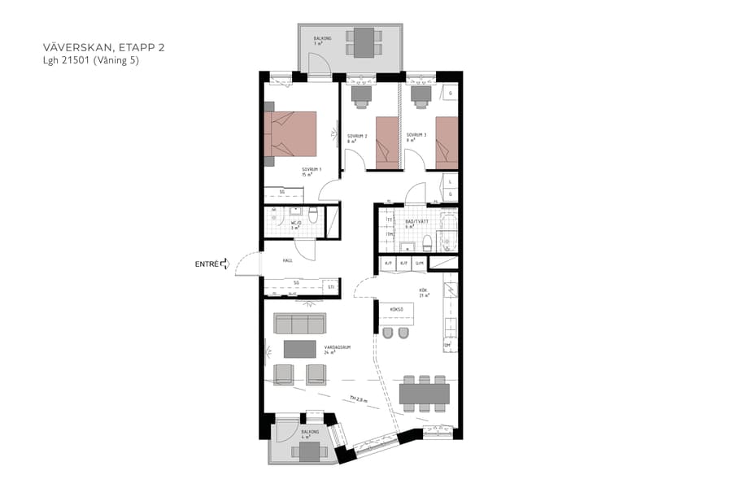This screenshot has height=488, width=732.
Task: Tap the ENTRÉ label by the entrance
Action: point(207,264)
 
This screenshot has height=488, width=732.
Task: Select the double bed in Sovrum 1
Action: point(290,133)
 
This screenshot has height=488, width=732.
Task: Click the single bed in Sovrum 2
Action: point(387,142)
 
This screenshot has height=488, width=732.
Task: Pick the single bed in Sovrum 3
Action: point(447,142)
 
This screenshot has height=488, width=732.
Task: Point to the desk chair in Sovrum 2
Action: point(359,94)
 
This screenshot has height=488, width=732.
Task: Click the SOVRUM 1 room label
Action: point(312,171)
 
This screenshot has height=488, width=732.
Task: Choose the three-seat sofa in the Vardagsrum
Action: point(299,324)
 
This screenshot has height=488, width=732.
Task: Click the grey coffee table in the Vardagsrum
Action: point(299,349)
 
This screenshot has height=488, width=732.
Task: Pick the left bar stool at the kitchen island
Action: point(387,334)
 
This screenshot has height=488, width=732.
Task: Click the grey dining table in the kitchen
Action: point(425,394)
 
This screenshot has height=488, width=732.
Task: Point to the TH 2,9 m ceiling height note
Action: point(359,399)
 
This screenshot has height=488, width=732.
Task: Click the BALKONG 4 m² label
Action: point(310,434)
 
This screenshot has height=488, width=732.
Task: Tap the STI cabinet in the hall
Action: point(330,286)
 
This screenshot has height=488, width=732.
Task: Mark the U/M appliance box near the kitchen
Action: point(420,264)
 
